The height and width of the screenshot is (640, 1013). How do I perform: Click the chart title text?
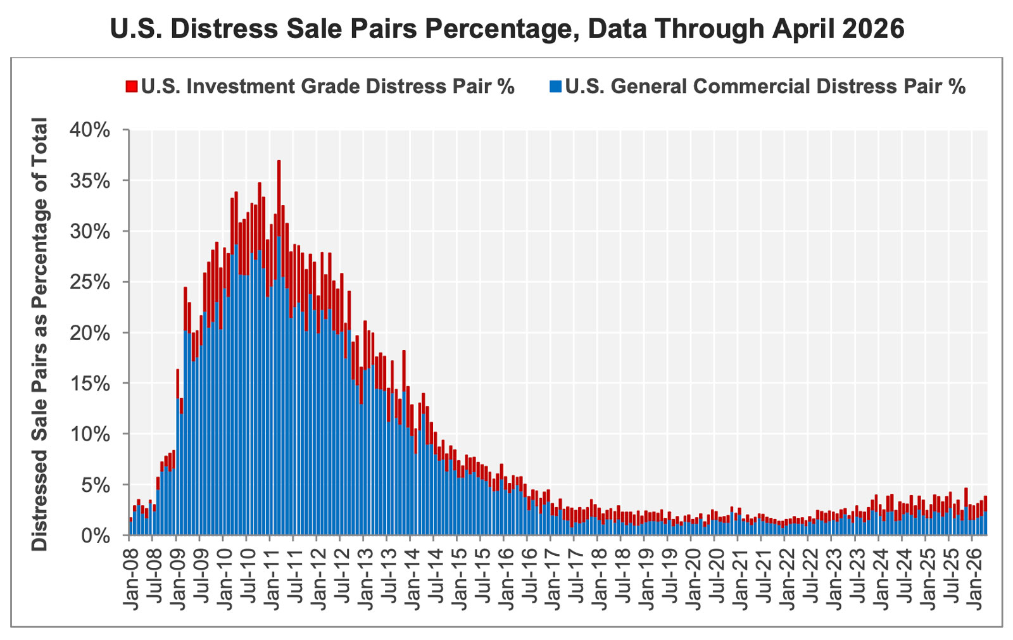[x=507, y=29]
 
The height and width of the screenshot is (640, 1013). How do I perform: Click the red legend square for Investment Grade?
[x=131, y=86]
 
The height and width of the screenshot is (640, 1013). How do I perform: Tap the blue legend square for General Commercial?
[x=555, y=86]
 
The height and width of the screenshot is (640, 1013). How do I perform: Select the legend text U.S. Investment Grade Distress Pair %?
[x=328, y=86]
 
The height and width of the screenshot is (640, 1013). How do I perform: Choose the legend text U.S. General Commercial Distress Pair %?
[x=765, y=86]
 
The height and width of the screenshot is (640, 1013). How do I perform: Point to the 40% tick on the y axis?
[x=90, y=130]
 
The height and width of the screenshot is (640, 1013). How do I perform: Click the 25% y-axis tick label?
[x=90, y=282]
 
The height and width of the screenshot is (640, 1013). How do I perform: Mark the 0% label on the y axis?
[x=96, y=536]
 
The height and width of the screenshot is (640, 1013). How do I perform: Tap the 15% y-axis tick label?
[x=90, y=384]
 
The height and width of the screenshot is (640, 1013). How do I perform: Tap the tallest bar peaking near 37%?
[x=279, y=348]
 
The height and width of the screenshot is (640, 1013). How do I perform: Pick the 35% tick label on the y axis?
[x=90, y=181]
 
